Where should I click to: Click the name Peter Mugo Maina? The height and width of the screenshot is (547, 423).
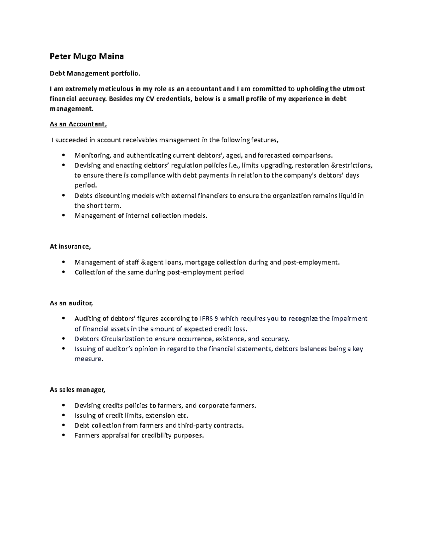[x=87, y=56]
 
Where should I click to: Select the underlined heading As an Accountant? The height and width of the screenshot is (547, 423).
[x=78, y=124]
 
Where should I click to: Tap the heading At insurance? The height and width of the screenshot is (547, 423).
[x=70, y=247]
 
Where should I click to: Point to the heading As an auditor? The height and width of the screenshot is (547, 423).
[x=71, y=303]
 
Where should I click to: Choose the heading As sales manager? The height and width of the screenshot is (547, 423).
[x=78, y=390]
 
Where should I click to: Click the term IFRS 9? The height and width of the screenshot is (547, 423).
[x=209, y=319]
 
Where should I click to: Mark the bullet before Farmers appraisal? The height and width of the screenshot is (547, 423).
[x=63, y=435]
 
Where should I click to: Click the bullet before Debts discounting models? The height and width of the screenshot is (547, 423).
[x=63, y=195]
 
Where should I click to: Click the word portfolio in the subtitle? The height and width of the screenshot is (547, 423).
[x=125, y=74]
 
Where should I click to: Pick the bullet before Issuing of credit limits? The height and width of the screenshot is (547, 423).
[x=63, y=416]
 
